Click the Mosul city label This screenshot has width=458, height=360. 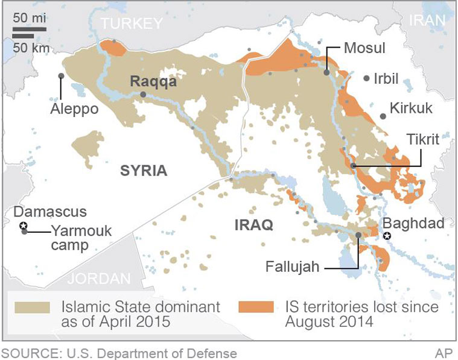point(364,48)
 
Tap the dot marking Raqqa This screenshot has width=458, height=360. point(143,95)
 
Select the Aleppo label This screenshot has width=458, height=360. point(75,110)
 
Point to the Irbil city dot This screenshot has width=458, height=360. point(366,78)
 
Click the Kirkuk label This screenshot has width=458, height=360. point(411,109)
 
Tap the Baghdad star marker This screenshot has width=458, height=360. point(388,236)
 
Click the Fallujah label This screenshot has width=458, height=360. point(292,266)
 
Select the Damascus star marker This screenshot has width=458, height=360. point(24,226)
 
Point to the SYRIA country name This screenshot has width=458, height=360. point(143,170)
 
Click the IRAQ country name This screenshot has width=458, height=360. point(253,225)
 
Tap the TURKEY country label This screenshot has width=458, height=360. point(132,24)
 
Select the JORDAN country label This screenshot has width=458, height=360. point(99,279)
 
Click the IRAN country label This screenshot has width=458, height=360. point(427,20)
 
